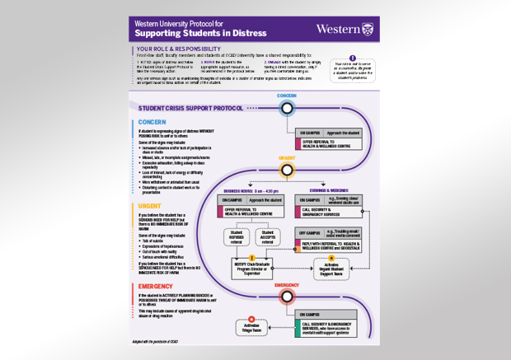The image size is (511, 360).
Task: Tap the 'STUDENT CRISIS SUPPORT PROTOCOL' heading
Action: click(x=190, y=108)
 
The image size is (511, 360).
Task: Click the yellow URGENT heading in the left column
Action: click(x=152, y=206)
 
